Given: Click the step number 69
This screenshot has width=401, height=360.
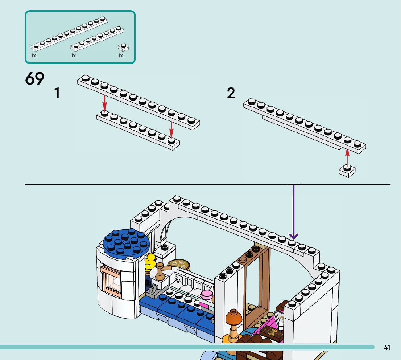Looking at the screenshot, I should click(x=35, y=79).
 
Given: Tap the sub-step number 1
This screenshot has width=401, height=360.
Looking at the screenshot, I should click(x=57, y=93).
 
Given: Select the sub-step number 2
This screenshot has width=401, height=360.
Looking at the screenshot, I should click(x=231, y=93).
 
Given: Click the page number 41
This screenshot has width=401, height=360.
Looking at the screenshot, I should click(x=387, y=348).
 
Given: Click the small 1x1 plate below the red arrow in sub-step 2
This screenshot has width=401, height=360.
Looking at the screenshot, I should click(x=347, y=171).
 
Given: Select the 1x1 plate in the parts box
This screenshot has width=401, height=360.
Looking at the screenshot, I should click(x=124, y=47).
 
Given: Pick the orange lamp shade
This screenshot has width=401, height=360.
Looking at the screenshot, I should click(x=233, y=318).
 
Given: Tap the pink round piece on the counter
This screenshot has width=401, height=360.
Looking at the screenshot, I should click(x=206, y=294).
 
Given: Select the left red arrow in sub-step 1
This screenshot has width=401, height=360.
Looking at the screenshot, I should click(x=104, y=103).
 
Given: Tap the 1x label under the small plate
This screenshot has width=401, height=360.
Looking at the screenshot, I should click(x=120, y=56).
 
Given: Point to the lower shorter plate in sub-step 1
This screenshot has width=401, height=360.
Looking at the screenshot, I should click(x=138, y=130).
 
